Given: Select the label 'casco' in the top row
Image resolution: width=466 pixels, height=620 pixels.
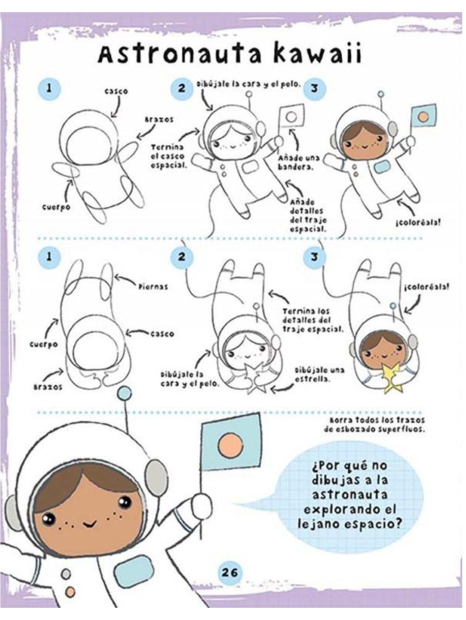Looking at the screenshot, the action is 116,92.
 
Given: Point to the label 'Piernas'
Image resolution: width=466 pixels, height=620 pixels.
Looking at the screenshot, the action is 153,287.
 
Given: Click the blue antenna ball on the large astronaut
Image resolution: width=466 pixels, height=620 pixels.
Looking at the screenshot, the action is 124,394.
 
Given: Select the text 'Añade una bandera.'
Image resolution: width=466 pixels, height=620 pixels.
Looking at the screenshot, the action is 299,162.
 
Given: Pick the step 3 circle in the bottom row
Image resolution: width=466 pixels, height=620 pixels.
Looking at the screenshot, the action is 314,257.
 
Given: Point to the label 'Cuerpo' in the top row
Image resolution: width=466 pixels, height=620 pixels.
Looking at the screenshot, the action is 56,207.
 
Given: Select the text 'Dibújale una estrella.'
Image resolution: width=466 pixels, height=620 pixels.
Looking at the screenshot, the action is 319,374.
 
